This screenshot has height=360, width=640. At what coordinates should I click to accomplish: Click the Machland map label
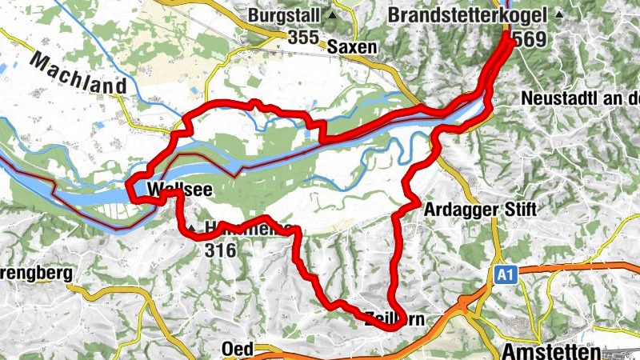(x=79, y=74)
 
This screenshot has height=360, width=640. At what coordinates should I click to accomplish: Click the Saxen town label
(x=351, y=48)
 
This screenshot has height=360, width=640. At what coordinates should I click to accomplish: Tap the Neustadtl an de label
(x=579, y=98)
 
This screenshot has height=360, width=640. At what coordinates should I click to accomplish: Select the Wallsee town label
(x=174, y=190)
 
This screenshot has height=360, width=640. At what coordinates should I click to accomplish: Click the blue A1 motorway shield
(x=502, y=275)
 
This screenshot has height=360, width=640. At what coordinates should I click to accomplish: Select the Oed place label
(x=238, y=349)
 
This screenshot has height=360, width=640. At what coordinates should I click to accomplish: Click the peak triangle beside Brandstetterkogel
(x=559, y=15)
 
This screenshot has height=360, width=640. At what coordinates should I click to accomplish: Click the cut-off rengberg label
(x=36, y=273)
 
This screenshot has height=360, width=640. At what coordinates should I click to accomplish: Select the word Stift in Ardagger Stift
(x=515, y=210)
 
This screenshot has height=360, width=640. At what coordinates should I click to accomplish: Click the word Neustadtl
(x=554, y=98)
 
